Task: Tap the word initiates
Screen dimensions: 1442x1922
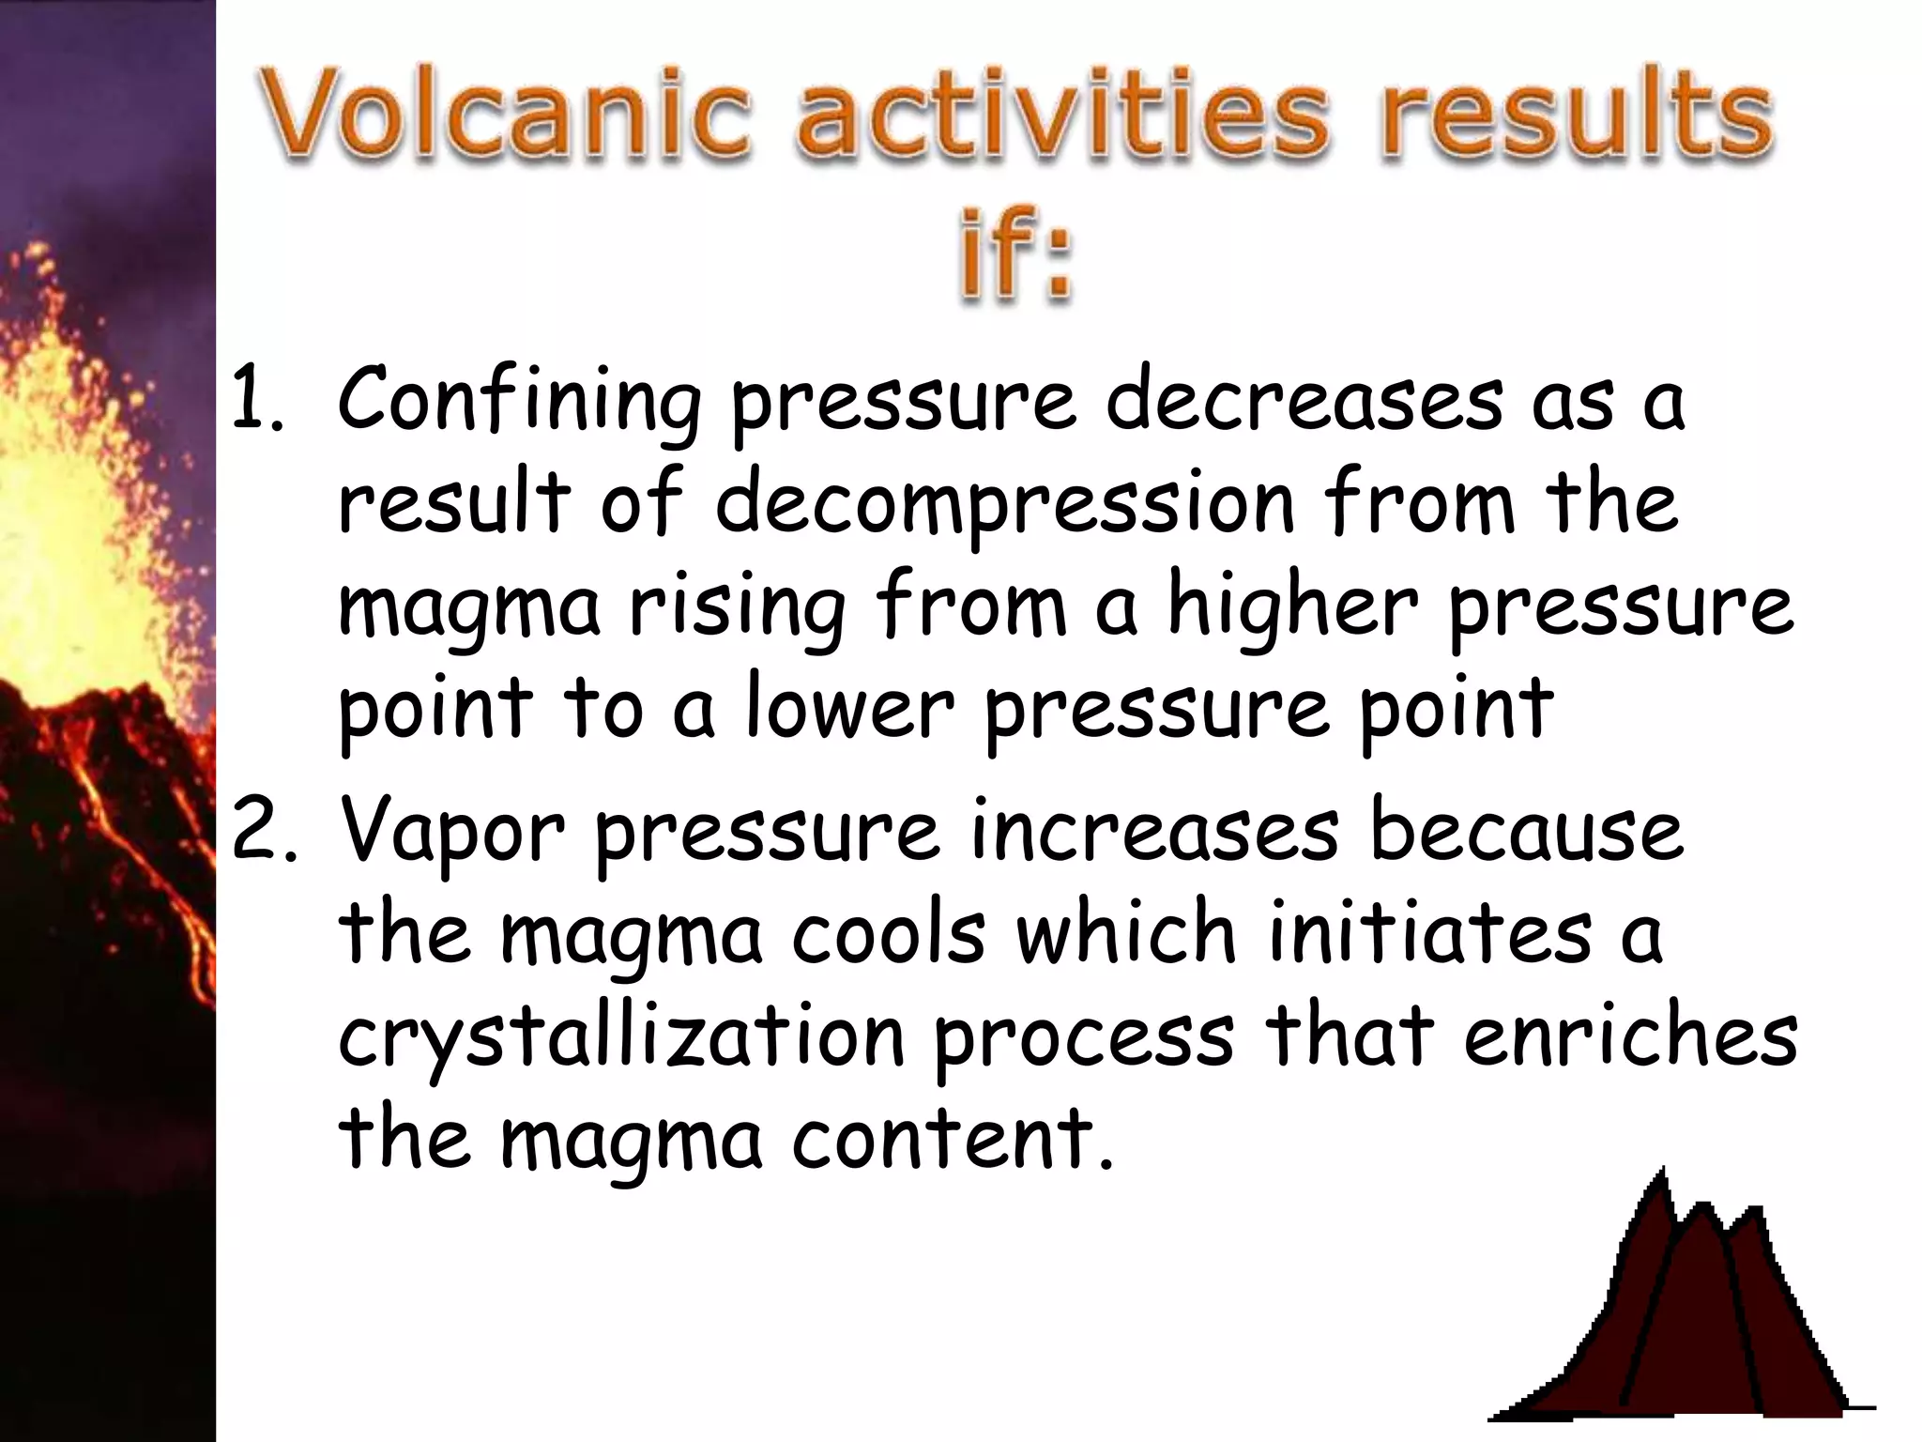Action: [1430, 935]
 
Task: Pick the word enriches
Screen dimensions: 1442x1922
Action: [1629, 1036]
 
